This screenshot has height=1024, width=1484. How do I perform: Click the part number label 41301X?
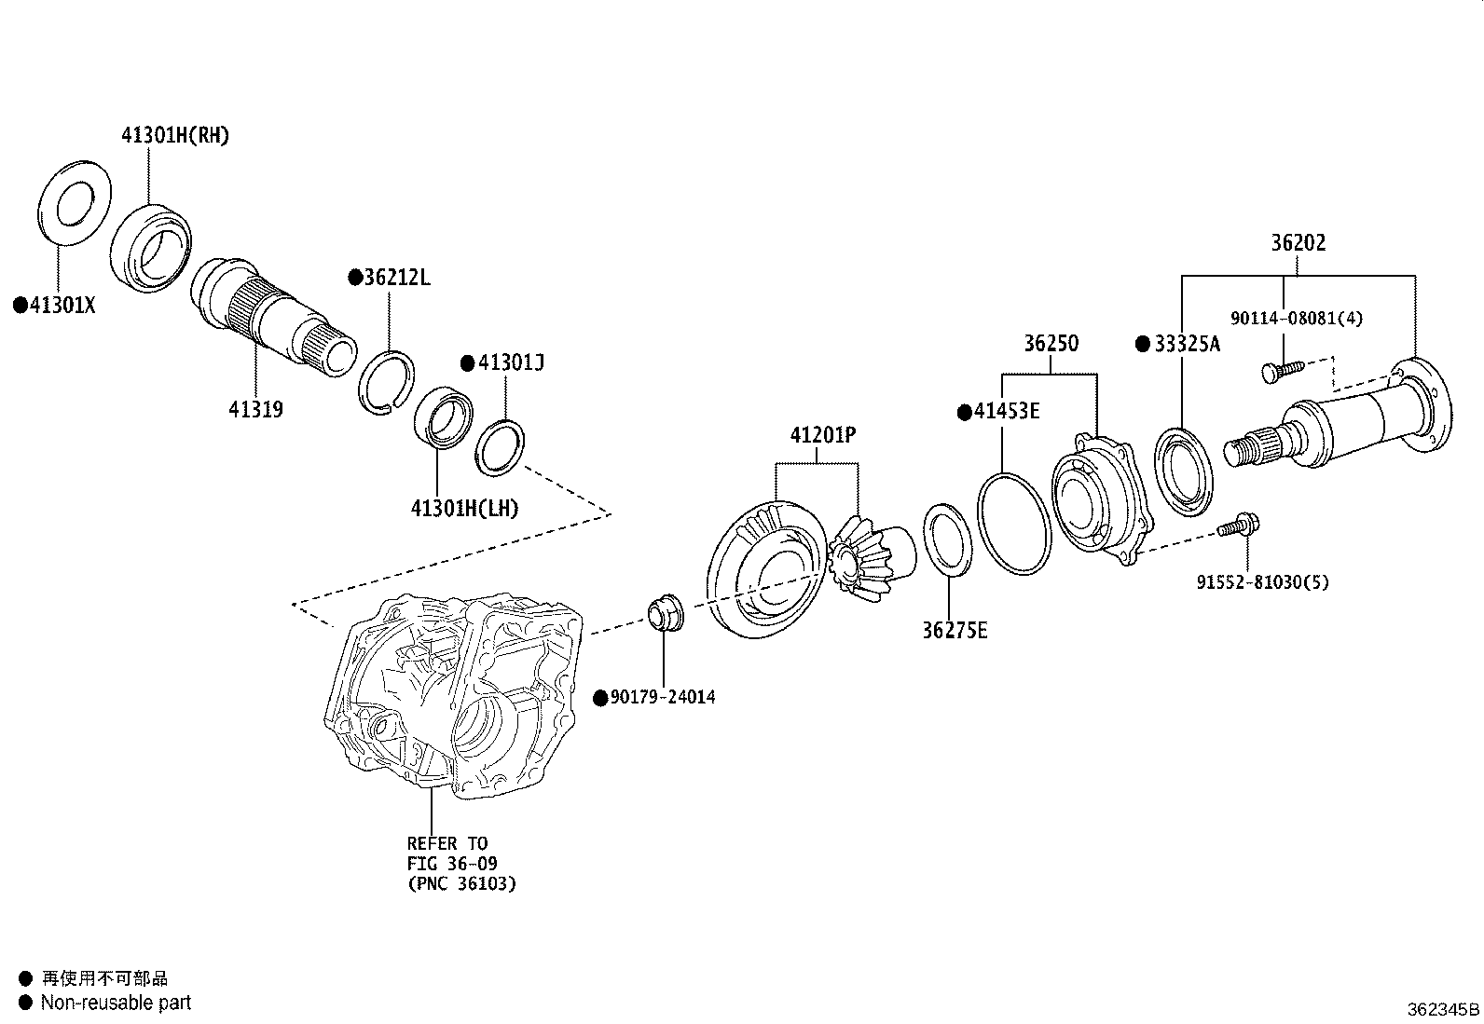point(62,305)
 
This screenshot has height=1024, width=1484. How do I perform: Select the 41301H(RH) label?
point(174,136)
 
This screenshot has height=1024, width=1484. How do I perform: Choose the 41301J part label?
point(510,362)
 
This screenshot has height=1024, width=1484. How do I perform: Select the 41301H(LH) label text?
point(464,508)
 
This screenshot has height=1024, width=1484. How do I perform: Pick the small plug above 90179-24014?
point(664,612)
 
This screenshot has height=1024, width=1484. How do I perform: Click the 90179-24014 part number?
point(662,697)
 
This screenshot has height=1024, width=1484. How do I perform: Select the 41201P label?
point(823,434)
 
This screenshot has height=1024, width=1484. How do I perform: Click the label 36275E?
point(955,630)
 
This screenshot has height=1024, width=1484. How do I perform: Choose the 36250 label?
point(1051,343)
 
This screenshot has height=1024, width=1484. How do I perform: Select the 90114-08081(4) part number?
point(1296,318)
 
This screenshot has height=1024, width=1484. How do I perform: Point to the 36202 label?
point(1298,243)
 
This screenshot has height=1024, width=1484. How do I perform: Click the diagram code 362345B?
point(1442,1009)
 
